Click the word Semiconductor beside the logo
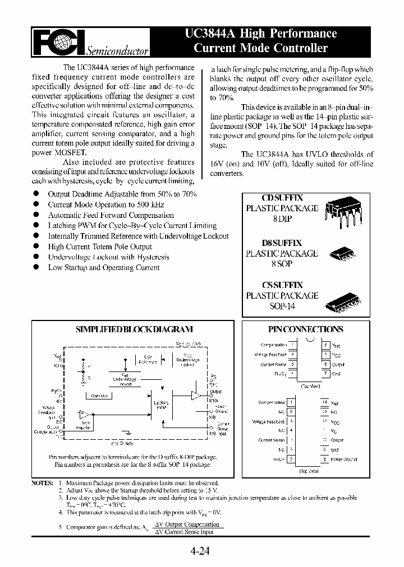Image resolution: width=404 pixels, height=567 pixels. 117,52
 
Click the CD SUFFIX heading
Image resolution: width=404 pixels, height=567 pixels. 282,198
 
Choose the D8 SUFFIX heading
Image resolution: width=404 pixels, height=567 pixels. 282,243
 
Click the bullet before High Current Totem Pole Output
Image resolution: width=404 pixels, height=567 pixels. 36,246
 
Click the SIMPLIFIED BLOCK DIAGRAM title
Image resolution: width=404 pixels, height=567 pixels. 134,329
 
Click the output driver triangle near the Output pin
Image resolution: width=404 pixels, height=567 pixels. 195,396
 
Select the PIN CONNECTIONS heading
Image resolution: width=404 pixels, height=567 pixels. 305,329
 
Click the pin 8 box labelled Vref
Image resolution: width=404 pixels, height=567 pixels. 325,345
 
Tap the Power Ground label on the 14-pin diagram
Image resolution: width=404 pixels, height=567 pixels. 345,459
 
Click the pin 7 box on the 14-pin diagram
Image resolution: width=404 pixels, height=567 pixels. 291,459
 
